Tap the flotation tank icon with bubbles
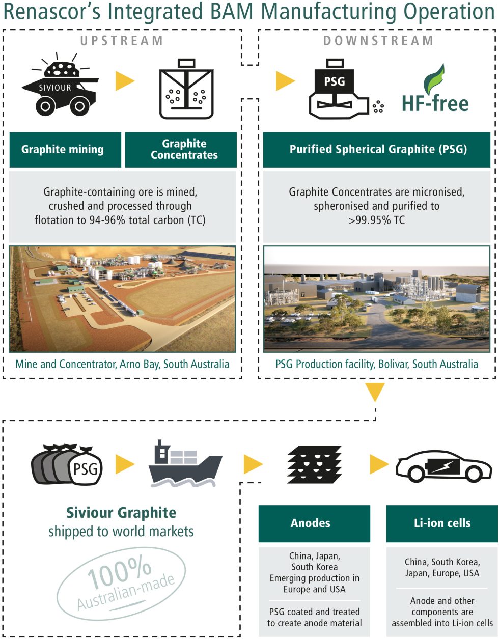coord(186,90)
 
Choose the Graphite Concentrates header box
coord(181,150)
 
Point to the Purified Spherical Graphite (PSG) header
coord(377,150)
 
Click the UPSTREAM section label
coord(121,41)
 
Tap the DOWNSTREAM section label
coord(378,41)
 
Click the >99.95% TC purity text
coord(377,220)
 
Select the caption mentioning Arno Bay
coord(122,364)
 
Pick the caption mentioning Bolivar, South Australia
coord(377,364)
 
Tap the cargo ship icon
coord(185,464)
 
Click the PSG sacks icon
coord(68,465)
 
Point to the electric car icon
coord(444,465)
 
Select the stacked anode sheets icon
coord(315,464)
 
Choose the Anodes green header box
coord(314,523)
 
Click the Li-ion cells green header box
coord(442,523)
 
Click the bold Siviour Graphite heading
coord(121,513)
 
